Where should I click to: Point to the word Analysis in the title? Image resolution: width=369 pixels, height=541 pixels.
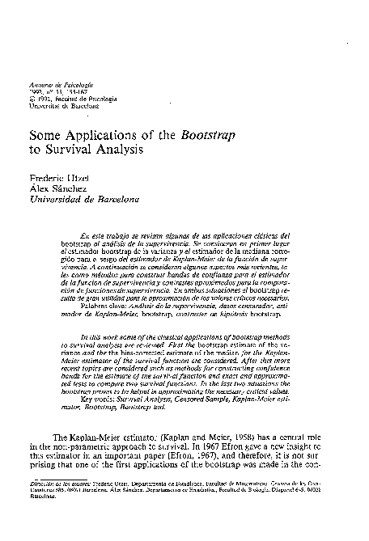click(118, 150)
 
